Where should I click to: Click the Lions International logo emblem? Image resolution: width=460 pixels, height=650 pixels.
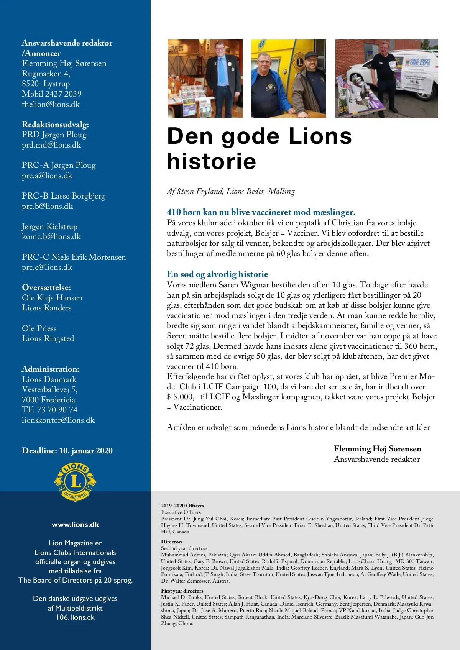point(76,481)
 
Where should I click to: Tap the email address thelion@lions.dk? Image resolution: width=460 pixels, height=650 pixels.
point(51,104)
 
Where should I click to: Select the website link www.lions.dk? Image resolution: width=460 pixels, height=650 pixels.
point(76,525)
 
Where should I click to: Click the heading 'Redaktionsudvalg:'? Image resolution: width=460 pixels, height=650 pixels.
point(55,125)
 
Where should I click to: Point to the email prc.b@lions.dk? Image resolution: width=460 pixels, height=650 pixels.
point(47,206)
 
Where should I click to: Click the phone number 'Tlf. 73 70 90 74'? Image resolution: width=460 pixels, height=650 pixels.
point(50,410)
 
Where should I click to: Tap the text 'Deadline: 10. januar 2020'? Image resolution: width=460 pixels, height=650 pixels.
point(67,451)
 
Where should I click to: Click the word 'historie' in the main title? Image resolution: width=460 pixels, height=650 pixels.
point(212,161)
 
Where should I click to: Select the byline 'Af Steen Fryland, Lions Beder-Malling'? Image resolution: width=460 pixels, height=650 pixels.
point(231,191)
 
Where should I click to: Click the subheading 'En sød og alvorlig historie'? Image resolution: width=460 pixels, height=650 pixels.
point(217,274)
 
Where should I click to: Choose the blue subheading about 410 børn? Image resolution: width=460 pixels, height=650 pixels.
point(261,212)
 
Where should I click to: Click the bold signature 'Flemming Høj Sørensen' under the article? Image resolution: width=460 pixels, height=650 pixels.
point(377,449)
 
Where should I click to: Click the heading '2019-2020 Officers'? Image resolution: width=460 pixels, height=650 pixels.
point(182,506)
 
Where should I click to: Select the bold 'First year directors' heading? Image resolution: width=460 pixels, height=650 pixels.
point(182,591)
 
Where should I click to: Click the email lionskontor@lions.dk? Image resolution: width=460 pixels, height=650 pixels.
point(58,420)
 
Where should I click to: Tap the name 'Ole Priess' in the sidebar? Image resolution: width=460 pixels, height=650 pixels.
point(39,328)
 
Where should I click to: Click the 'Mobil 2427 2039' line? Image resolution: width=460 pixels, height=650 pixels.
point(52,94)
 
